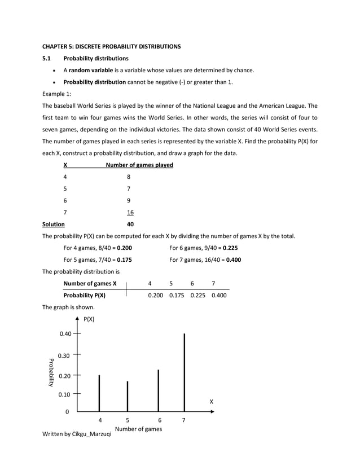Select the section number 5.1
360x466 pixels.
[x=47, y=58]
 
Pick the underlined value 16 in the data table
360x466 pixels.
[x=130, y=213]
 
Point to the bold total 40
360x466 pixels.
[x=130, y=225]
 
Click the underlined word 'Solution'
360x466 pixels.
[x=54, y=225]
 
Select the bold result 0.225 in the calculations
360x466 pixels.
[x=230, y=248]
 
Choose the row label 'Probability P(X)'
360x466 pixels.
[x=84, y=295]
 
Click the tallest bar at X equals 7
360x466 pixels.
[x=184, y=372]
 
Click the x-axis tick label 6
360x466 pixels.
[x=160, y=420]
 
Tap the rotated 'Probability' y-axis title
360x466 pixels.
[x=50, y=372]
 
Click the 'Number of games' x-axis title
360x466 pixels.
[x=138, y=429]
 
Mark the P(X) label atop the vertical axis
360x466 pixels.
[x=89, y=319]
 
